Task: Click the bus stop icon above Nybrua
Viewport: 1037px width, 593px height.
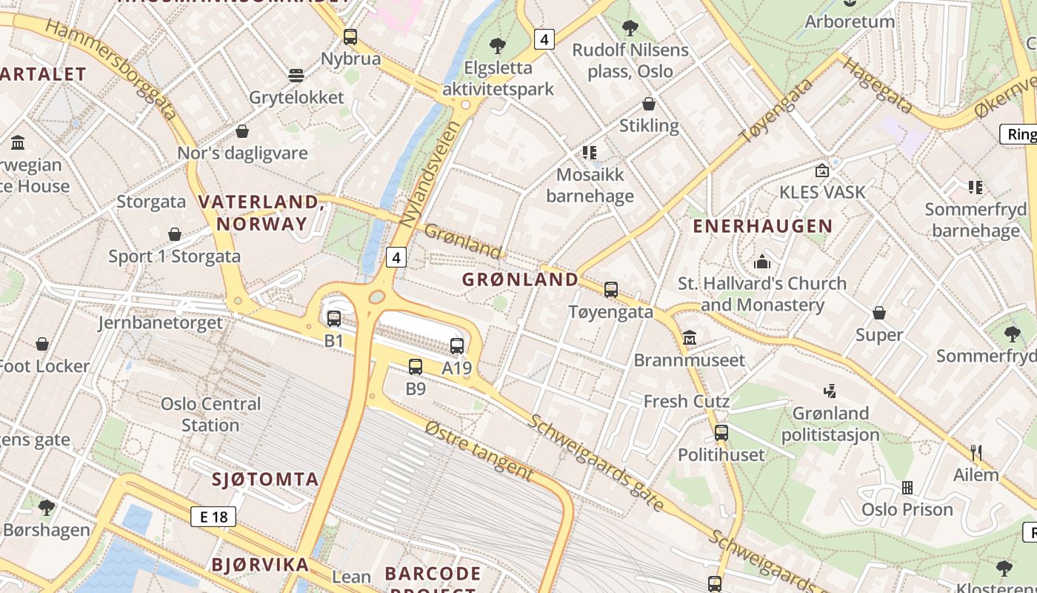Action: [x=350, y=36]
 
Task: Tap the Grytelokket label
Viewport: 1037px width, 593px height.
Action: [x=296, y=97]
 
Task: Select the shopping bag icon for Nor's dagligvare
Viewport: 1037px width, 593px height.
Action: [x=242, y=131]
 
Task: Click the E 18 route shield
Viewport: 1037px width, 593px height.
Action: [x=213, y=517]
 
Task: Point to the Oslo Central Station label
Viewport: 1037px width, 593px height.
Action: [x=211, y=414]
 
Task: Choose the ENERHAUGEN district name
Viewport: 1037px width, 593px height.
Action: [x=762, y=226]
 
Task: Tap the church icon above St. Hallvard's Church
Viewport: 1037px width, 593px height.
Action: [x=762, y=262]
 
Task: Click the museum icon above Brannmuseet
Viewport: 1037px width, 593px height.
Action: [x=690, y=338]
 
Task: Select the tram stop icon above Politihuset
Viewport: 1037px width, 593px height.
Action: [x=721, y=432]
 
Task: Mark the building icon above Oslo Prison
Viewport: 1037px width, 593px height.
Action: [x=907, y=488]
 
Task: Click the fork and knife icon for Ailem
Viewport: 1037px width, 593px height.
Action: [x=976, y=451]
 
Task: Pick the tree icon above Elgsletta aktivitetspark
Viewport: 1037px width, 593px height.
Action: [x=498, y=46]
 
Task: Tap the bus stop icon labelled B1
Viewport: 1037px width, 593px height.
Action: [x=334, y=319]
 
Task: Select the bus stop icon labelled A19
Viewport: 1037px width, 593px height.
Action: [x=457, y=346]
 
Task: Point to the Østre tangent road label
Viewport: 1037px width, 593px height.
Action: [x=479, y=449]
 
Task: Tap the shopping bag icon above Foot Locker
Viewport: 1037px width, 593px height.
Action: [x=42, y=344]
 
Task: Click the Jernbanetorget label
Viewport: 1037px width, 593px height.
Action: [x=160, y=322]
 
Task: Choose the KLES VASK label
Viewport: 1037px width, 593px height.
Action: [x=821, y=192]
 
